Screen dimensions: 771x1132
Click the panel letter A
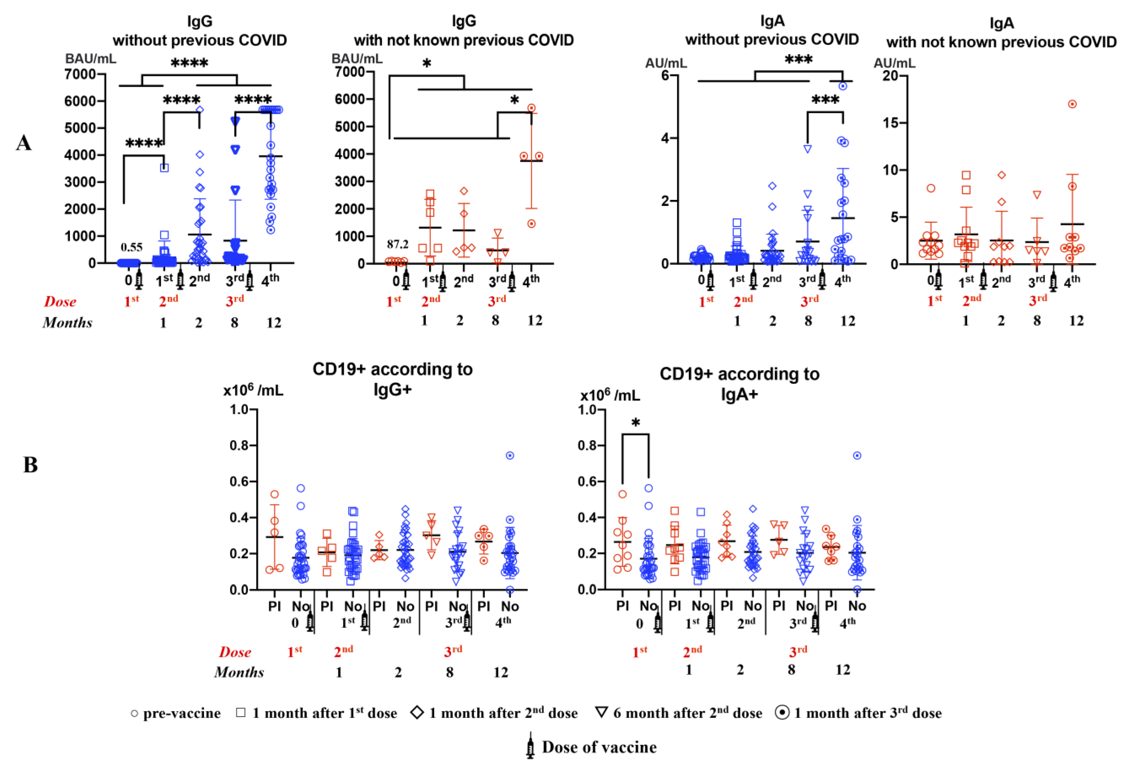(24, 143)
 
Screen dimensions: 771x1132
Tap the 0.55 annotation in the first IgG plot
(132, 247)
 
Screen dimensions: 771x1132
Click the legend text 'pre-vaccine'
(182, 714)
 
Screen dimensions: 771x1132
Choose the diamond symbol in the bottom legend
(417, 713)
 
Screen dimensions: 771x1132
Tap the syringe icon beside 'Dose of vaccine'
(530, 746)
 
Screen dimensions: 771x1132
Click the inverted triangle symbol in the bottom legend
(602, 713)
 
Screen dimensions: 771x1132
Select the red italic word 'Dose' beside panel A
(60, 302)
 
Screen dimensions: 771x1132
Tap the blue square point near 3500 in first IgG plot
(165, 168)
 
